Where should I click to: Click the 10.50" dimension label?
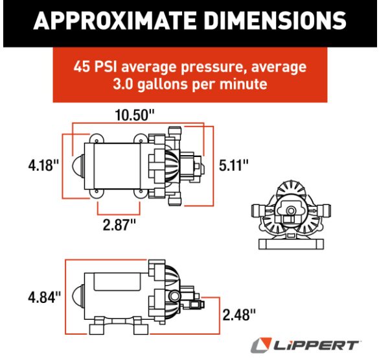tap(134, 115)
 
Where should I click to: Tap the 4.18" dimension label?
tap(43, 165)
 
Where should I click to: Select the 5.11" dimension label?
tap(233, 165)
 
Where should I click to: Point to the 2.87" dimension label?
tap(119, 225)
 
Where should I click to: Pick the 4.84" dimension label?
tap(45, 297)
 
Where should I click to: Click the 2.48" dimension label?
tap(239, 315)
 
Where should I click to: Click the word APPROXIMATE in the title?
tap(115, 21)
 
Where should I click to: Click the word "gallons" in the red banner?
tap(163, 84)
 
